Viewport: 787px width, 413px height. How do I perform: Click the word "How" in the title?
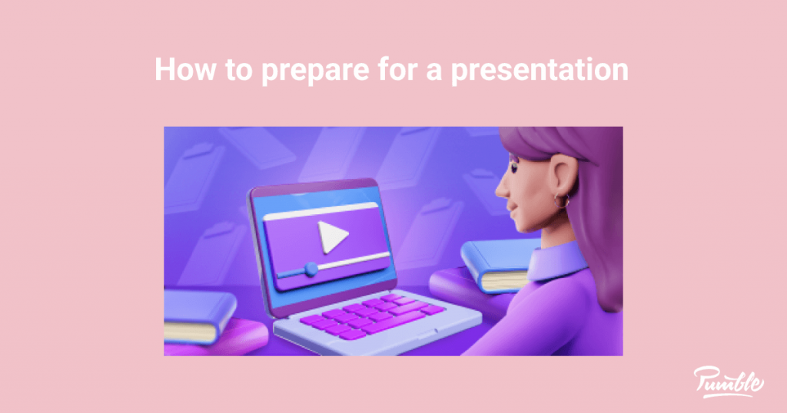coord(179,70)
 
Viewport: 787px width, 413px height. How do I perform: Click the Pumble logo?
coord(729,381)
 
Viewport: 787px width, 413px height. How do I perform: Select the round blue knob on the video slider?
coord(310,269)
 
